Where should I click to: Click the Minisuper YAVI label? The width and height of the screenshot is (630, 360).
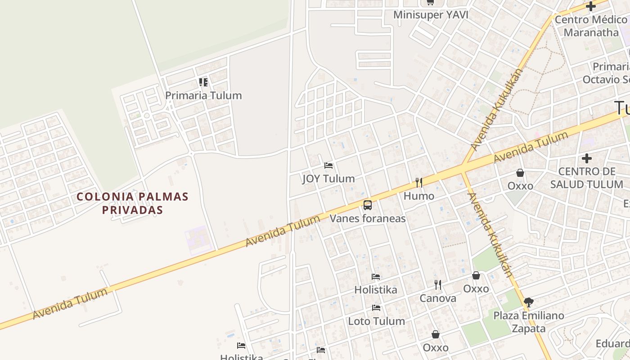click(x=431, y=15)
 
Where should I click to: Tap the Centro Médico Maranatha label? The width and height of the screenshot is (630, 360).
click(x=590, y=26)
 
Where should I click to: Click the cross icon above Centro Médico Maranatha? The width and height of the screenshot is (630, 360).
click(x=590, y=6)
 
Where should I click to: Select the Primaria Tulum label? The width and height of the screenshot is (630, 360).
click(x=203, y=95)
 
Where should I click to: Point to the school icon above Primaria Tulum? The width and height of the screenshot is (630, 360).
click(x=203, y=82)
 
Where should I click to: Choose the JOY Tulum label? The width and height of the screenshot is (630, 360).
click(x=328, y=179)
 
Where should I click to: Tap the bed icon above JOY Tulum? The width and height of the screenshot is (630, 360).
click(x=328, y=166)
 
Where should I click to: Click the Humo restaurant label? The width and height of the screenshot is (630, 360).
click(x=419, y=196)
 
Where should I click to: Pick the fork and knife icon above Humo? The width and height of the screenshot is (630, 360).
click(x=419, y=183)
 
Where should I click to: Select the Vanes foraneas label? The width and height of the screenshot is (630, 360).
click(x=368, y=219)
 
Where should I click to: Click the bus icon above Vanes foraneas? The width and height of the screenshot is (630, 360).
click(x=368, y=206)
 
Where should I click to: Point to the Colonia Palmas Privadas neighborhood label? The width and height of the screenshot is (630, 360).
click(x=132, y=203)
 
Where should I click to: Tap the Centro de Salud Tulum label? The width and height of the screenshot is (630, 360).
click(x=587, y=178)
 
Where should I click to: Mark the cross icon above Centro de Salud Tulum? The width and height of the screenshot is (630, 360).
click(x=587, y=158)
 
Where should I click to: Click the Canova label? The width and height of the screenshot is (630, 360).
click(x=438, y=298)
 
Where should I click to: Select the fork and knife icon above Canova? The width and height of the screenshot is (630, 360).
click(x=438, y=285)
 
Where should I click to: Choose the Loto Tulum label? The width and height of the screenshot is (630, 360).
click(x=376, y=321)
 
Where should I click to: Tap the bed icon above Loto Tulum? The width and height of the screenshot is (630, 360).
click(x=376, y=308)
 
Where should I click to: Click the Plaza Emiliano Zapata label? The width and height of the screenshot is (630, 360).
click(x=529, y=322)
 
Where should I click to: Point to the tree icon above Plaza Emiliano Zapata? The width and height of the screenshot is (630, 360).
click(x=529, y=302)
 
